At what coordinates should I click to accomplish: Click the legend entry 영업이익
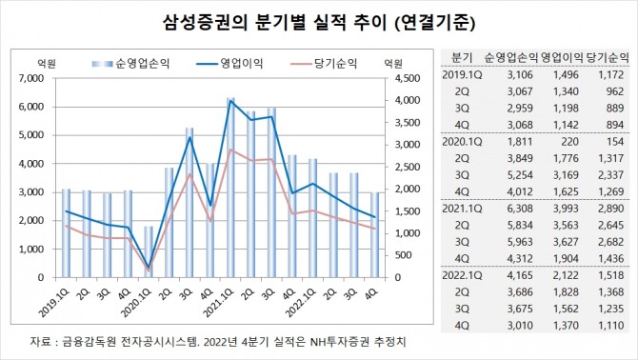(x=242, y=64)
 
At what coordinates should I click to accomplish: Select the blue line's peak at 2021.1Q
(x=231, y=101)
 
